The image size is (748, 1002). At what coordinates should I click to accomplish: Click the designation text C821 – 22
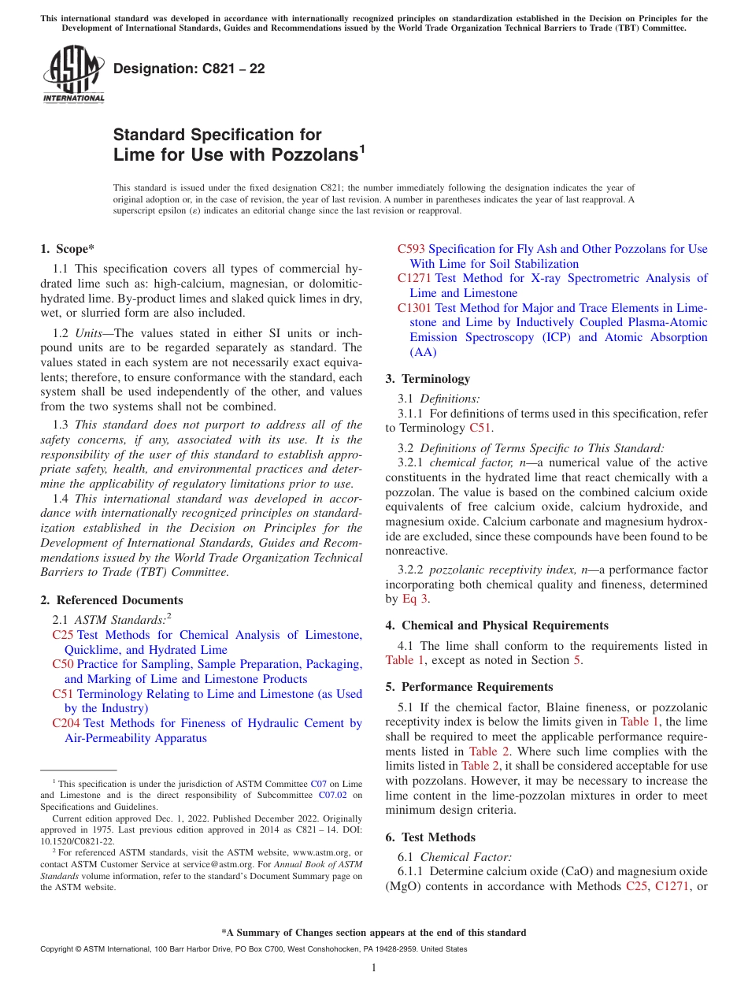(189, 69)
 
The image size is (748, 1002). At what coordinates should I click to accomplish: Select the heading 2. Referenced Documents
(112, 600)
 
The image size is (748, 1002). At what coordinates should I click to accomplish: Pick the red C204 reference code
(66, 723)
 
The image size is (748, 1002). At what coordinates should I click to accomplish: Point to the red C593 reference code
(411, 249)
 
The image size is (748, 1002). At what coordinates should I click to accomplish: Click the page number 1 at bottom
(374, 968)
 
